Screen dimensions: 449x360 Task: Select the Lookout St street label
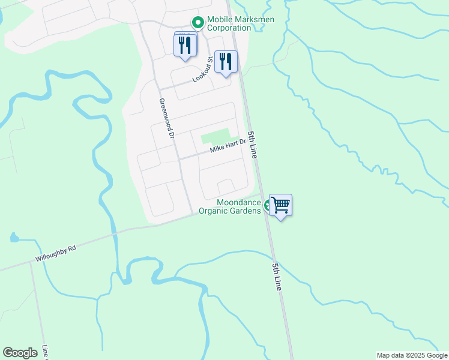[203, 70]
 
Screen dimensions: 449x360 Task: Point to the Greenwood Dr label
[166, 119]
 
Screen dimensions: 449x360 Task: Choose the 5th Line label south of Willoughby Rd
[277, 277]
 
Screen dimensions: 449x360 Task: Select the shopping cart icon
[280, 205]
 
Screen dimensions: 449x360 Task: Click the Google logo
[20, 353]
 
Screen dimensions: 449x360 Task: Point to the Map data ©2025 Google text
[411, 355]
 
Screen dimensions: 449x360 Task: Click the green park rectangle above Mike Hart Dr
[215, 136]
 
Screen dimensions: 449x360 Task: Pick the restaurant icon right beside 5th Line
[226, 62]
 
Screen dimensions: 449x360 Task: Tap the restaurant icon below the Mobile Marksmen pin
[185, 44]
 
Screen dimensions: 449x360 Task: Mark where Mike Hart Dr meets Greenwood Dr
[179, 159]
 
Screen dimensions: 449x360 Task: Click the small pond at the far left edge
[14, 238]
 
